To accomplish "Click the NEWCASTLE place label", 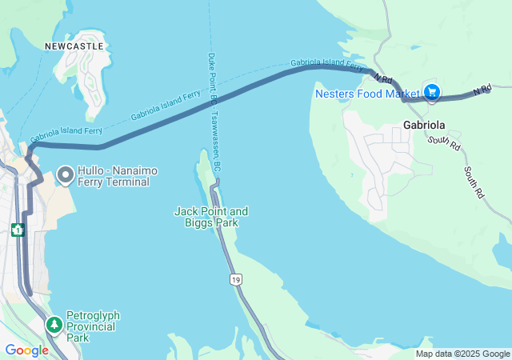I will (x=74, y=46).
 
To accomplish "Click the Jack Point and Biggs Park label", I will (x=211, y=217).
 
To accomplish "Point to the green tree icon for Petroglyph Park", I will (x=54, y=325).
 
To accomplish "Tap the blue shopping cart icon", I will (x=432, y=93).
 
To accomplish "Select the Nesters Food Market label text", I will (x=367, y=93).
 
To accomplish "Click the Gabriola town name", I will (x=424, y=126).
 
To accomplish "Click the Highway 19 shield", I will (x=234, y=279).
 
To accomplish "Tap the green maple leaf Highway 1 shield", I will (x=18, y=230).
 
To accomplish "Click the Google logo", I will (x=26, y=350).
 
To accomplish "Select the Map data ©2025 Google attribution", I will (x=462, y=354).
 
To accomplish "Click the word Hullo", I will (x=92, y=171).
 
